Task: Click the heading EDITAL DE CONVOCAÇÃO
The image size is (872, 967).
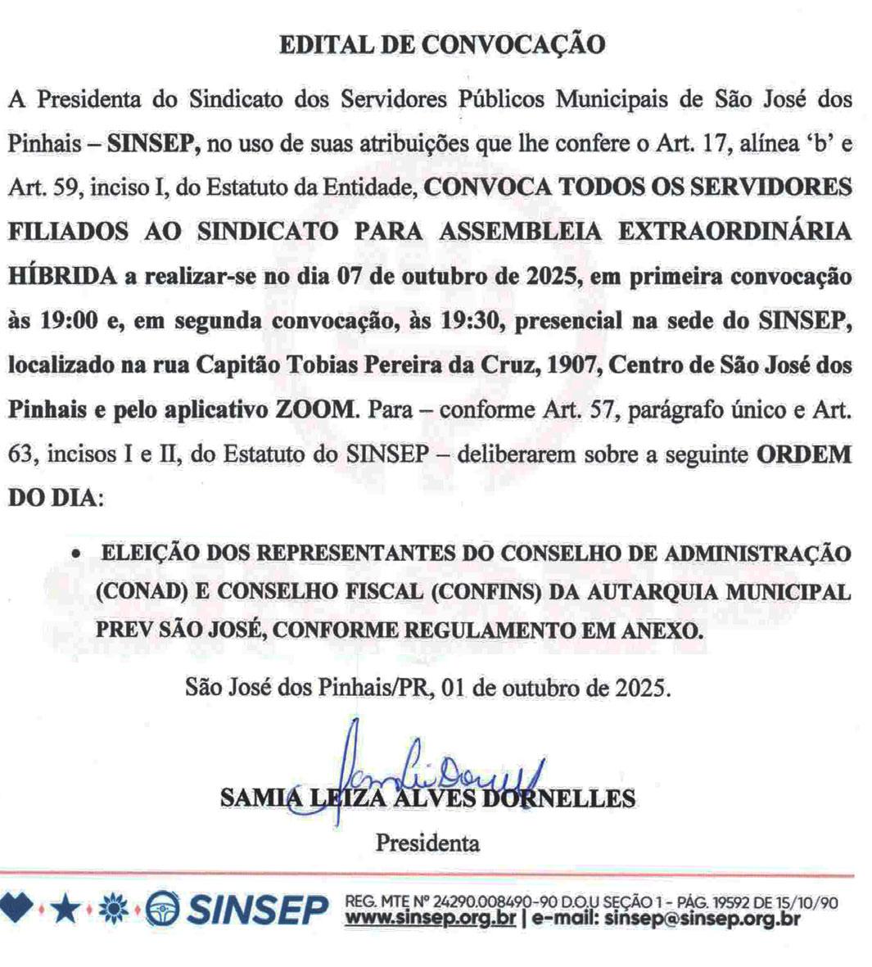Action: point(442,44)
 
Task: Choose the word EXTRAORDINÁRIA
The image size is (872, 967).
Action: point(734,232)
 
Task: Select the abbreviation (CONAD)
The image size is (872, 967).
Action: point(136,592)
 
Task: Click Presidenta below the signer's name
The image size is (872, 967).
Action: point(427,841)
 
